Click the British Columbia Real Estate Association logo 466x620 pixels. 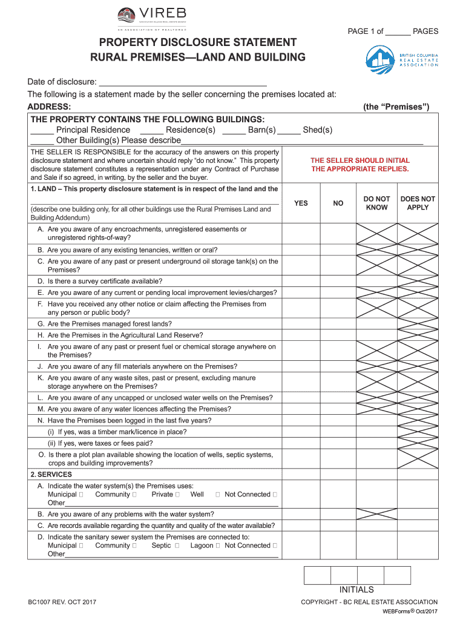click(x=401, y=61)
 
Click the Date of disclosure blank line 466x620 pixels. click(x=182, y=82)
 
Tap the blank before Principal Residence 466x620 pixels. click(x=42, y=130)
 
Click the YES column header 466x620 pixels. click(x=301, y=203)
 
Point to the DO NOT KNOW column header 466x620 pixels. click(x=377, y=203)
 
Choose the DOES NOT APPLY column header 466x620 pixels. click(x=418, y=203)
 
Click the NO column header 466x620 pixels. click(x=338, y=203)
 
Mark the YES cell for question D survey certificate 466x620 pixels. click(x=301, y=282)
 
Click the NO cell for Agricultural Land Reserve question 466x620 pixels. click(x=338, y=335)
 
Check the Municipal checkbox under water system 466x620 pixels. click(x=81, y=495)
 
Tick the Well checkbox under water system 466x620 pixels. click(x=217, y=495)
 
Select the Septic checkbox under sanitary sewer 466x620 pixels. click(x=177, y=546)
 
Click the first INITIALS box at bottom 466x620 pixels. click(x=317, y=575)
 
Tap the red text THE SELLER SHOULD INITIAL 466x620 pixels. click(x=360, y=160)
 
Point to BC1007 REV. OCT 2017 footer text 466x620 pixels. click(x=62, y=602)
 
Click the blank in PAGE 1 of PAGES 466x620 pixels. click(x=398, y=31)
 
